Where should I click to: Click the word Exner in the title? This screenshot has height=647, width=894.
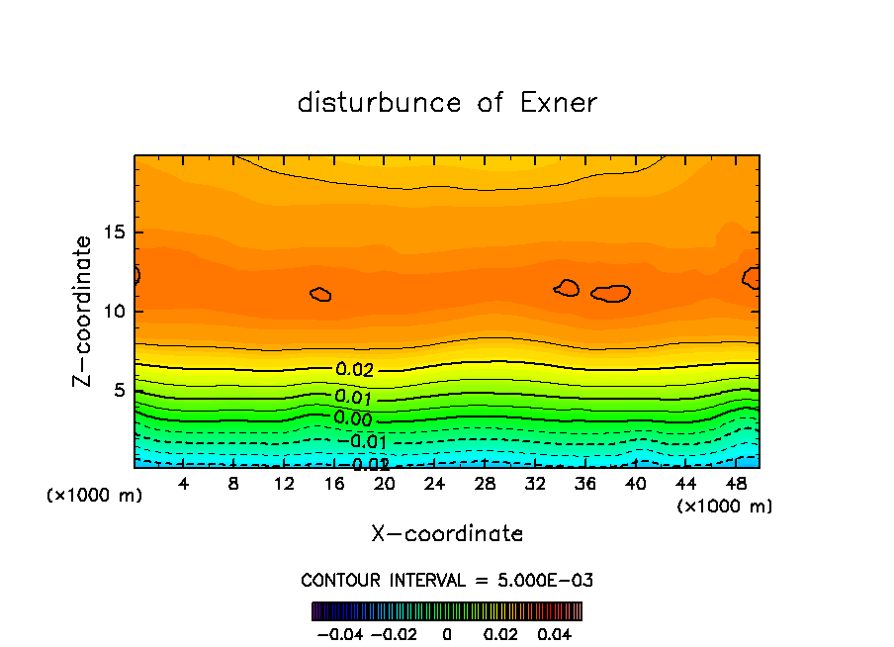click(559, 103)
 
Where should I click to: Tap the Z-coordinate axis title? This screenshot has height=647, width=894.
click(84, 311)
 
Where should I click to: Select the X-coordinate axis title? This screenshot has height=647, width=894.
click(447, 534)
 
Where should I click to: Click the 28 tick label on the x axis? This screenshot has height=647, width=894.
click(485, 484)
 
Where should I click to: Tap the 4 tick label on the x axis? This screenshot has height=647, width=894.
click(184, 484)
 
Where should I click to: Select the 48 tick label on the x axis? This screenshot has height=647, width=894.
click(736, 484)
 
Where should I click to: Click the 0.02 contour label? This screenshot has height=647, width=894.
click(355, 370)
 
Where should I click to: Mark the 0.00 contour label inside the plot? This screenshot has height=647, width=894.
click(354, 418)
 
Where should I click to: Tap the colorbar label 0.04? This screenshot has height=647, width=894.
click(555, 634)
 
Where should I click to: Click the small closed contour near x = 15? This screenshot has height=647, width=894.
click(320, 295)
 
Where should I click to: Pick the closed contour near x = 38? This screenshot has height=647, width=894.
click(611, 293)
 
